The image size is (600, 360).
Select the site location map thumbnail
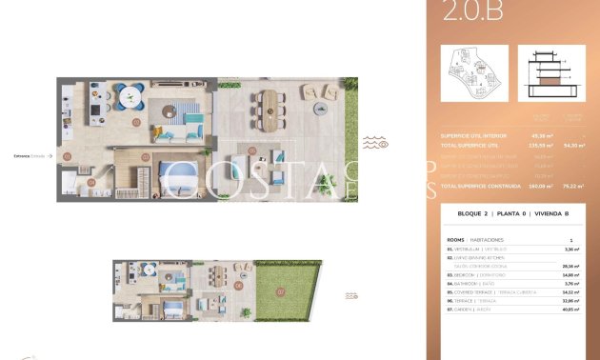pos(470,77)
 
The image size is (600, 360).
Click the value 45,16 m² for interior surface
pos(542,136)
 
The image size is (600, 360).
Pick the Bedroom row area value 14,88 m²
pos(571,273)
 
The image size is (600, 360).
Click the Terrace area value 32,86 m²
pos(571,300)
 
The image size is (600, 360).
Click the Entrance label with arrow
pos(30,154)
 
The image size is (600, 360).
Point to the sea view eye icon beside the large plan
pos(374,143)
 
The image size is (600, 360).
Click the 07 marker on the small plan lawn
pos(280,290)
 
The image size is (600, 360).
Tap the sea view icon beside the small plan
pos(351,296)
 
